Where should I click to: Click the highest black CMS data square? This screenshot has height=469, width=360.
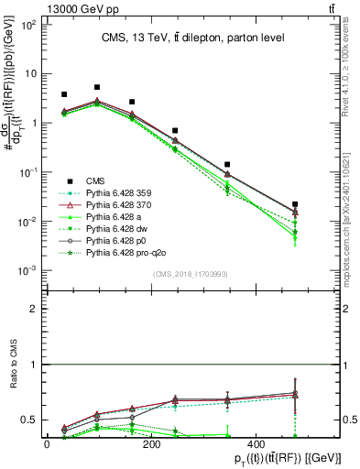pos(97,87)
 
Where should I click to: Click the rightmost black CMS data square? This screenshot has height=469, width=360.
pos(294,204)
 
